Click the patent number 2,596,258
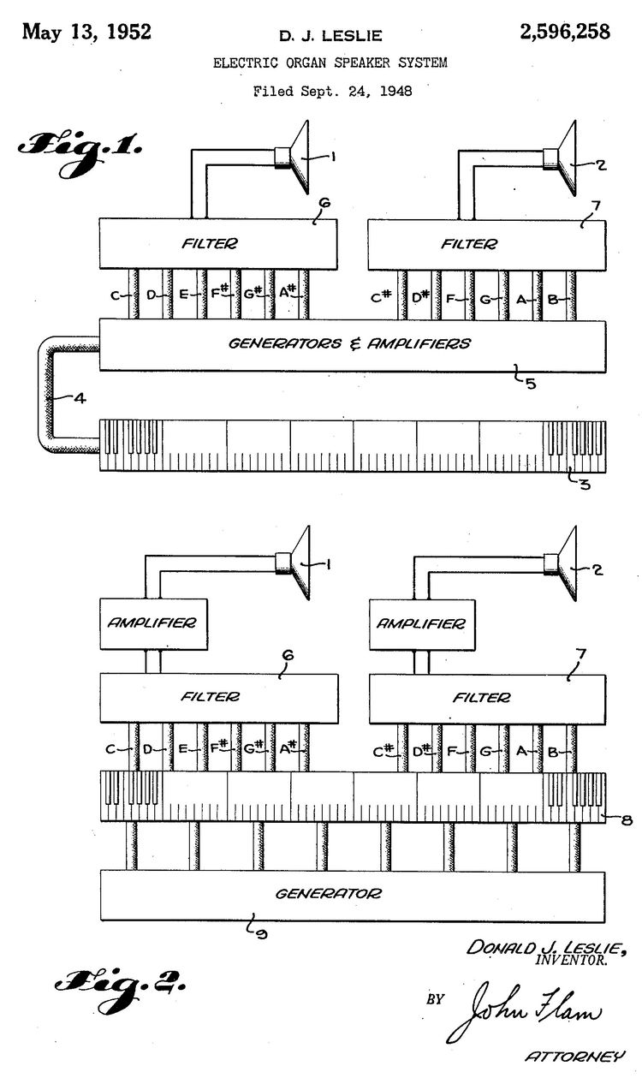pos(565,33)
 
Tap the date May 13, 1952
pos(86,33)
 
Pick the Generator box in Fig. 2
pos(352,894)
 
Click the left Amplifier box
pos(153,623)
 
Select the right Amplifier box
pos(422,623)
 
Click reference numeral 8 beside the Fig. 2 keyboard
pos(627,820)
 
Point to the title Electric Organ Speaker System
pos(330,63)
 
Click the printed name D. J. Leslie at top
pos(330,35)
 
